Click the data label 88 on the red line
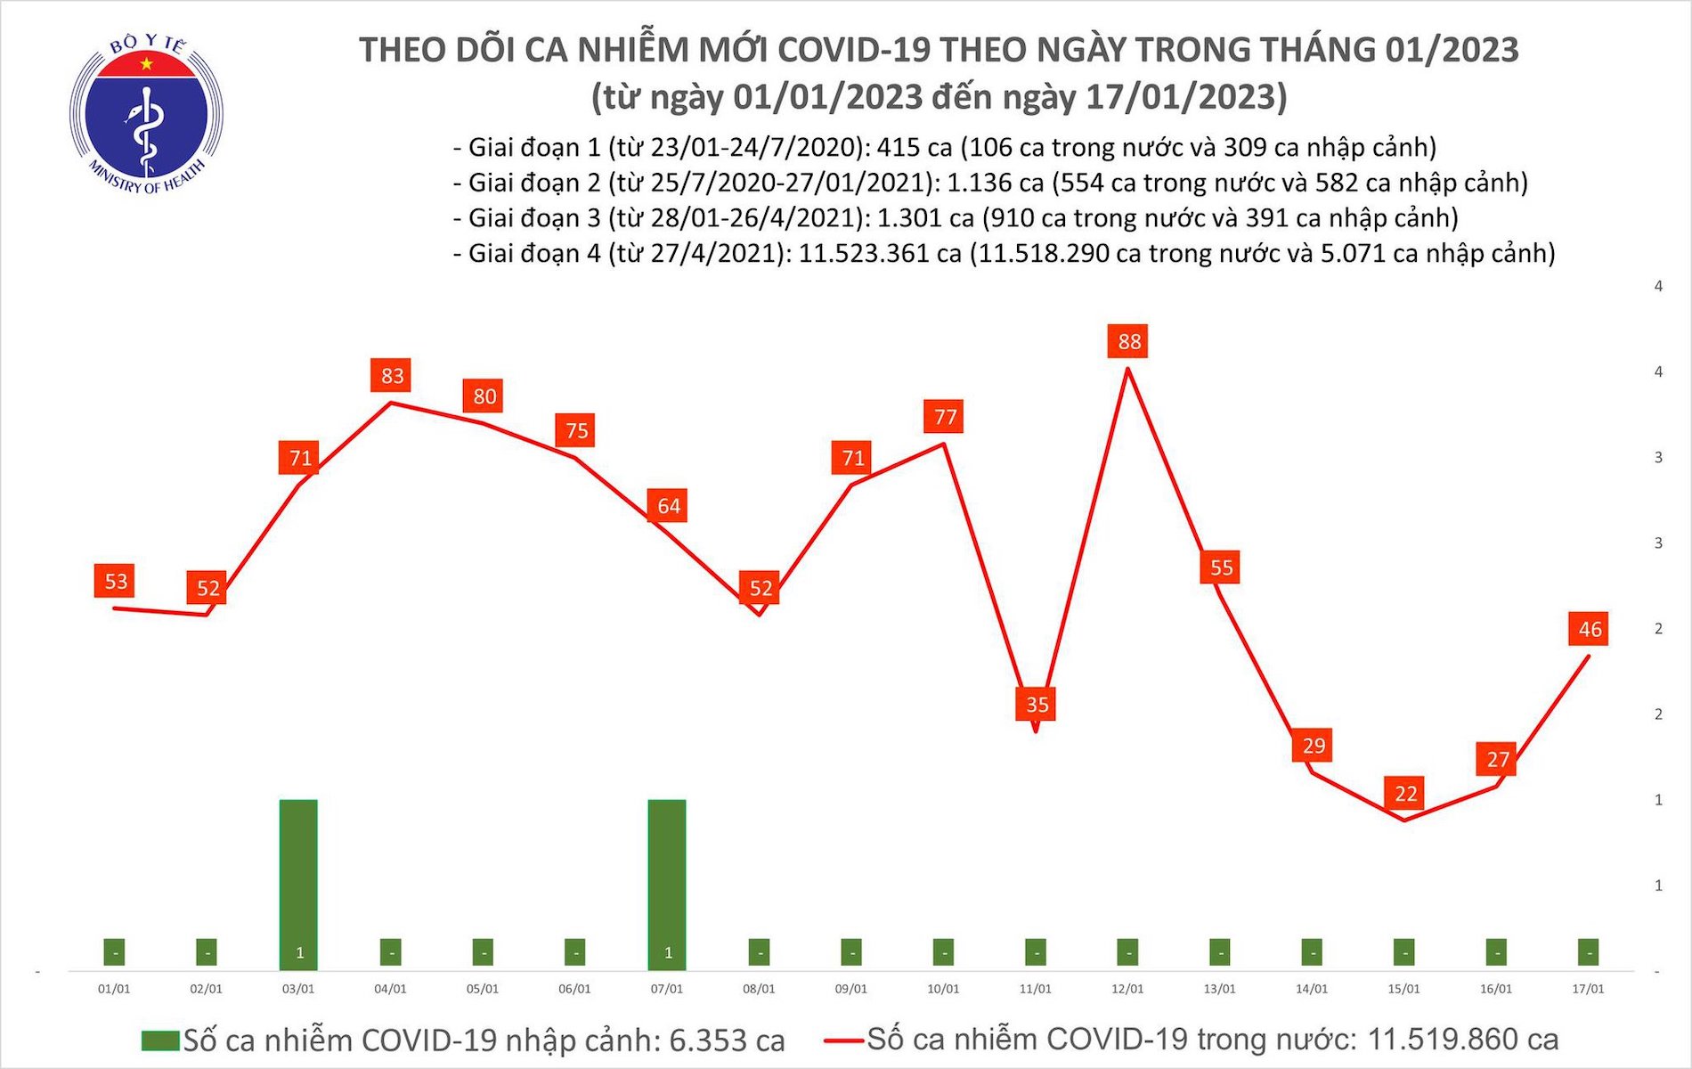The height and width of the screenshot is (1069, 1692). [x=1128, y=341]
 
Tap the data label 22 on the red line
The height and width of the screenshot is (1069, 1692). [x=1405, y=793]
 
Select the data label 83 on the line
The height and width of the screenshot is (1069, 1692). [x=392, y=376]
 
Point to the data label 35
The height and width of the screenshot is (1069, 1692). [x=1037, y=705]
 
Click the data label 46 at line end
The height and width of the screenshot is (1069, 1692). [x=1590, y=629]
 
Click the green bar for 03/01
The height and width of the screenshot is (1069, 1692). [x=298, y=882]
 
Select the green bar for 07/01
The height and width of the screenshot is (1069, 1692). [x=667, y=882]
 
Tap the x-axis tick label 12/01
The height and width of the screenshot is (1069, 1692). [x=1127, y=989]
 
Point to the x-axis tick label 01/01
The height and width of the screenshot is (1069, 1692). [x=114, y=989]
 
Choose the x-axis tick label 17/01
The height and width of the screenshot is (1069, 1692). [x=1588, y=989]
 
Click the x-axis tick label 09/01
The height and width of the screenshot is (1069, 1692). [x=850, y=989]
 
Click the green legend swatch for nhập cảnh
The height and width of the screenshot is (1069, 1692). [x=160, y=1040]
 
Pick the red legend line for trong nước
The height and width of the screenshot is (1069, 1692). [x=842, y=1040]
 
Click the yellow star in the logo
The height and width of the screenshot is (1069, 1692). [x=147, y=64]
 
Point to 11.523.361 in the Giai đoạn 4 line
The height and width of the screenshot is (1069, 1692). [x=880, y=254]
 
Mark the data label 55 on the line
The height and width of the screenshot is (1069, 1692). [x=1221, y=567]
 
